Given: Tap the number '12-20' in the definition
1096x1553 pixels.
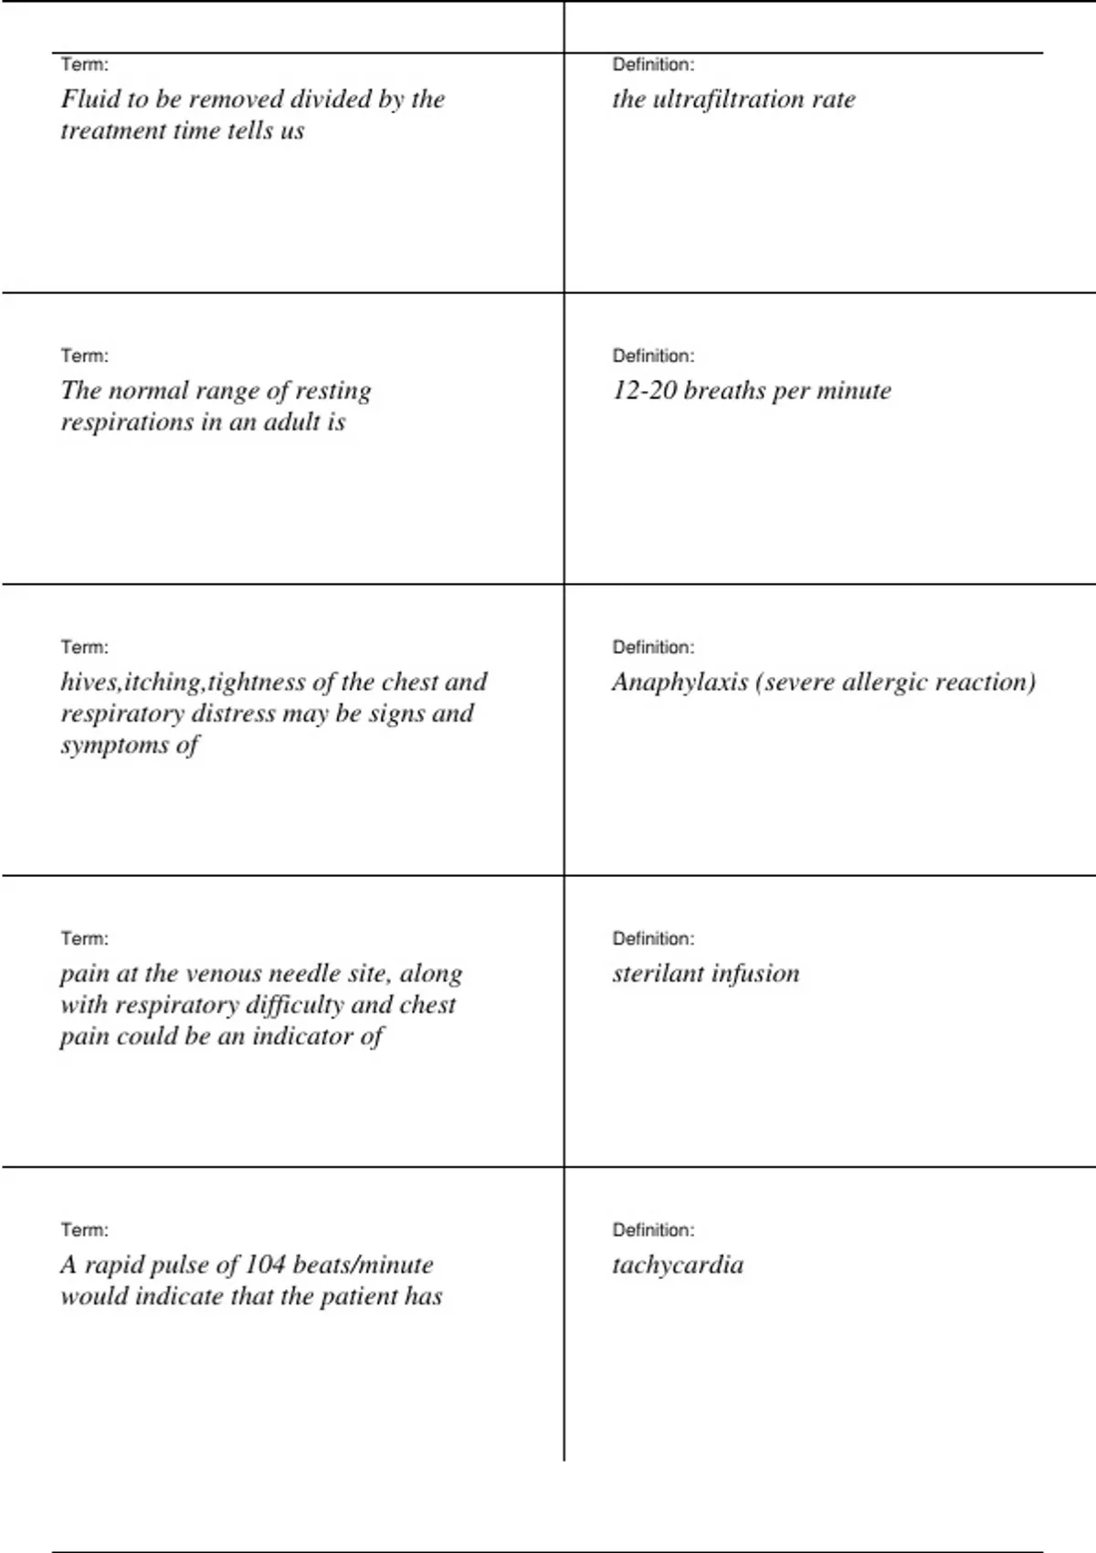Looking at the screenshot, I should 644,390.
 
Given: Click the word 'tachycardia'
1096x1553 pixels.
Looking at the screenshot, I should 678,1265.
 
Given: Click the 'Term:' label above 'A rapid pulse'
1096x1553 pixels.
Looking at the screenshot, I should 84,1231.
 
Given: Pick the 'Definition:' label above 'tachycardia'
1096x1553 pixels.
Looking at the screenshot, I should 653,1231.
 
